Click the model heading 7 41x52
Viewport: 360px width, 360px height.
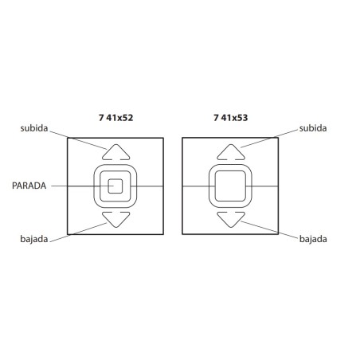[115, 118]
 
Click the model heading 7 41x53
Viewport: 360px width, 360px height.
[231, 118]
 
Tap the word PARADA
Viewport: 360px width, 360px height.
[29, 186]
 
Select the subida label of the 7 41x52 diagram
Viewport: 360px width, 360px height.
[34, 128]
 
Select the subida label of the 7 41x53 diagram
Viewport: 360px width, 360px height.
[313, 128]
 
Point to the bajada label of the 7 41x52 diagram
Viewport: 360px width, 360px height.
[34, 239]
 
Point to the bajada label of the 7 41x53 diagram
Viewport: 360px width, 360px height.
[313, 239]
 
